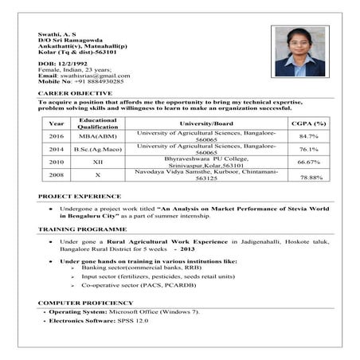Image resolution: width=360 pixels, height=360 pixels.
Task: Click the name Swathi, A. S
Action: [57, 35]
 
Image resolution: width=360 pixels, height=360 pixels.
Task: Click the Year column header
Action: [57, 123]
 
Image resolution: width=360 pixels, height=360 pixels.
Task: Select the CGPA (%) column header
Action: [308, 123]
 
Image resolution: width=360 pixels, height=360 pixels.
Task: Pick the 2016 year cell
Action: [57, 137]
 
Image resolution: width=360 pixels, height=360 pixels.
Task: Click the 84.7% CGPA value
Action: [309, 137]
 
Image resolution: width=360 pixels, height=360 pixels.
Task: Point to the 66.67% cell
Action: [309, 162]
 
